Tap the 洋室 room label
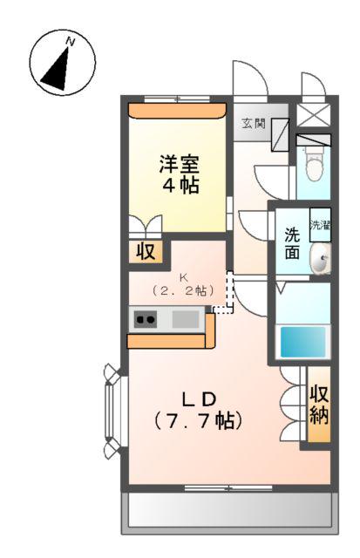[x=179, y=163]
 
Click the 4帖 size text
[x=179, y=185]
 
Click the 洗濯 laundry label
[x=320, y=225]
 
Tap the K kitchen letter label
[x=184, y=277]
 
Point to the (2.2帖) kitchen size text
[x=184, y=290]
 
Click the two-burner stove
[x=145, y=320]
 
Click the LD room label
[x=199, y=398]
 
